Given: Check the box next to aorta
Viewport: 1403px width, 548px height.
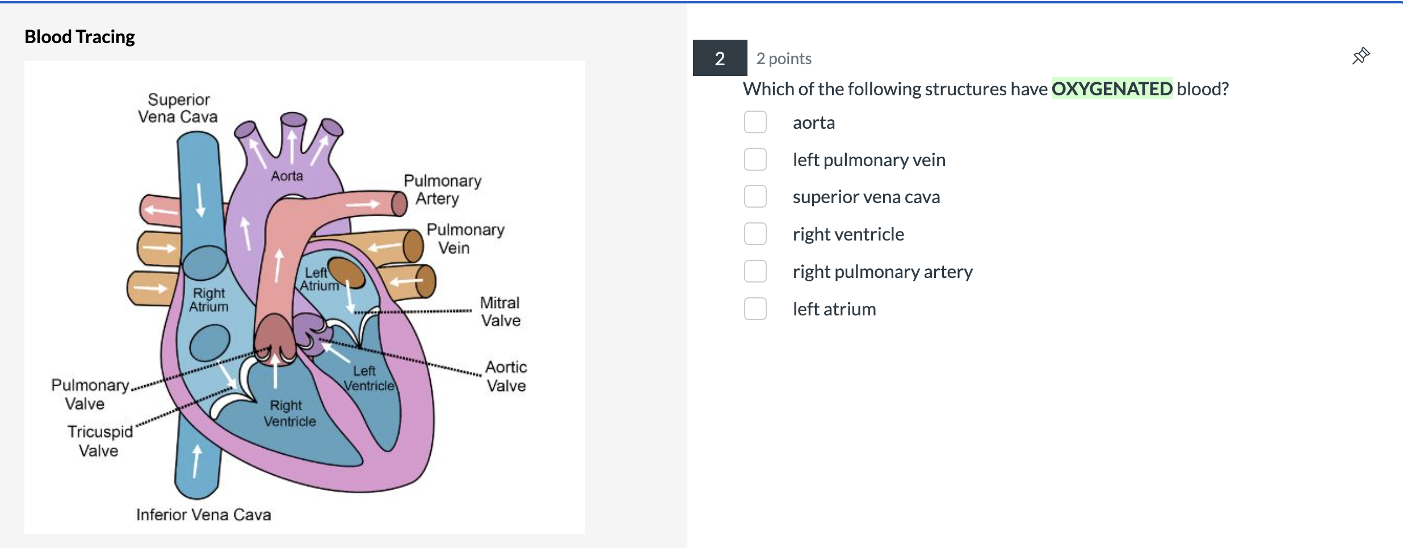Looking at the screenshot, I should (755, 122).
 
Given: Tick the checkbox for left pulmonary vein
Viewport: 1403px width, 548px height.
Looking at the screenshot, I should (755, 159).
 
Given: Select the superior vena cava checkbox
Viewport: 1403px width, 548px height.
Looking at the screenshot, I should (755, 196).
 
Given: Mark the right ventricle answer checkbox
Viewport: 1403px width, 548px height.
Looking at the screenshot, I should (755, 234).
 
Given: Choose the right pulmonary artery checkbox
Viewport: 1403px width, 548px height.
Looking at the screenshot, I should (755, 271).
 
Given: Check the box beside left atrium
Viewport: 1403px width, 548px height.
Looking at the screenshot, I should (755, 309).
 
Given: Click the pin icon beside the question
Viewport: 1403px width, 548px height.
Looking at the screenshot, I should (1360, 56).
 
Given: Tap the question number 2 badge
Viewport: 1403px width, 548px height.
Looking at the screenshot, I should (720, 58).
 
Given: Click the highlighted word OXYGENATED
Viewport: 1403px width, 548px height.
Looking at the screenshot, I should (1111, 88).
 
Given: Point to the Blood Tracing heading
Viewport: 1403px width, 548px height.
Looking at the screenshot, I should (79, 37).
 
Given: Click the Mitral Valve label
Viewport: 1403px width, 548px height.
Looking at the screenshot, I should (500, 311).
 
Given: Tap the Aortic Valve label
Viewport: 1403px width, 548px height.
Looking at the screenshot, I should (506, 376).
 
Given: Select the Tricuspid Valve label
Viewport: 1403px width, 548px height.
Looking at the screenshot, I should (100, 441).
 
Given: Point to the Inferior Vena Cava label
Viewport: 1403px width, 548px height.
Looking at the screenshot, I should (203, 515).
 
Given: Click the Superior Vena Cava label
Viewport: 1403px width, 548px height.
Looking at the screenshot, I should (178, 108).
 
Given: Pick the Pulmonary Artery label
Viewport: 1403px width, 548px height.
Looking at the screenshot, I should (442, 189).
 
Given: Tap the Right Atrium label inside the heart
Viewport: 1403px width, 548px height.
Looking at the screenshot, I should (209, 300).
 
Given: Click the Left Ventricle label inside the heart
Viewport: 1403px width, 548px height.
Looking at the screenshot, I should (368, 378).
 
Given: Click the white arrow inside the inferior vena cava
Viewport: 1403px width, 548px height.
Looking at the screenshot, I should (196, 461).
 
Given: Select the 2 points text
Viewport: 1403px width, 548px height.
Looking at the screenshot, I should (784, 58).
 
